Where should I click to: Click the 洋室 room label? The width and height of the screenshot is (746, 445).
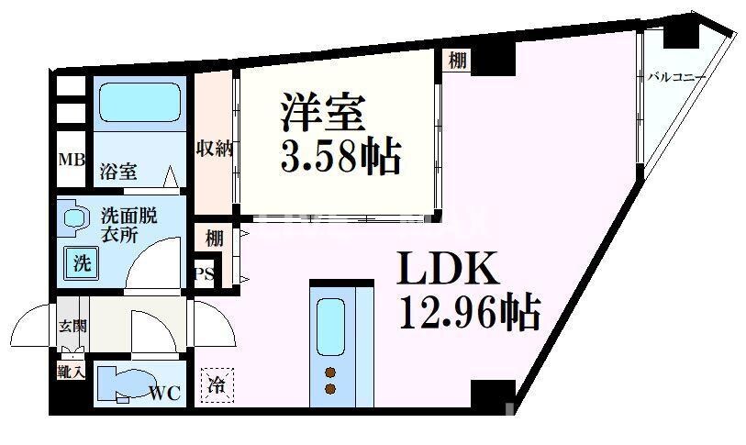coord(323,114)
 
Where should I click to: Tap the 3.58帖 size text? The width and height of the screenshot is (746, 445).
coord(340,158)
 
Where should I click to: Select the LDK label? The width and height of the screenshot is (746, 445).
coord(447,270)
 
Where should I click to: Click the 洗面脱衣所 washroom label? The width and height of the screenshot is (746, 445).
coord(128,224)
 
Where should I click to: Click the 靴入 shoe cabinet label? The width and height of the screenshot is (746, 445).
coord(72,373)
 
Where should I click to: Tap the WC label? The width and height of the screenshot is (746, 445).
coord(165,394)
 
